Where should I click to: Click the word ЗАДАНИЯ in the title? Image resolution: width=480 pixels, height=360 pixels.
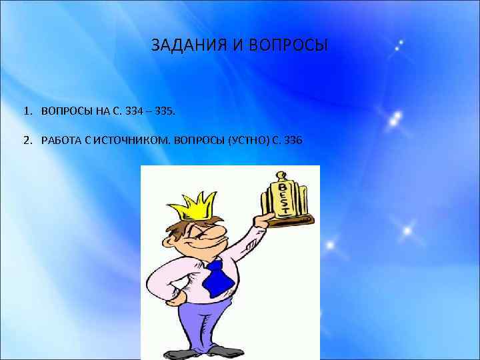(x=188, y=46)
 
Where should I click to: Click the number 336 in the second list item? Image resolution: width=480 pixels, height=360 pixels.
(x=293, y=140)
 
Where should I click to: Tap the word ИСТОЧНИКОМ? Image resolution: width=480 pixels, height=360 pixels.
(x=132, y=140)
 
